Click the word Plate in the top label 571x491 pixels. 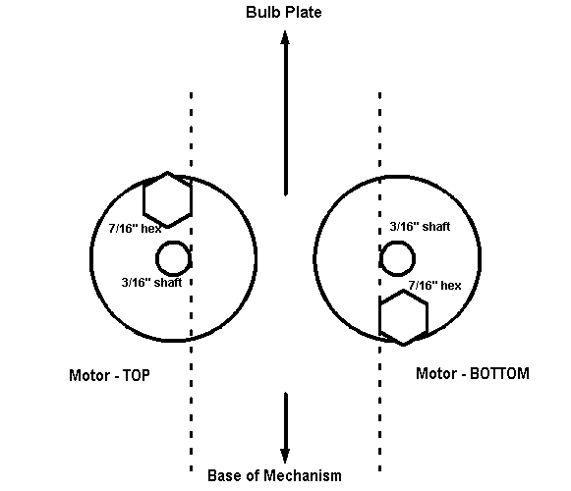pyautogui.click(x=304, y=12)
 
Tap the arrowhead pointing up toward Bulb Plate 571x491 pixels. pyautogui.click(x=285, y=38)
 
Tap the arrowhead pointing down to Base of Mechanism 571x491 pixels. pyautogui.click(x=285, y=456)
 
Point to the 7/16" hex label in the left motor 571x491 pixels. pyautogui.click(x=135, y=229)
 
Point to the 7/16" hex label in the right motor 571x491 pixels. pyautogui.click(x=434, y=286)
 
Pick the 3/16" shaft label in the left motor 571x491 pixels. pyautogui.click(x=151, y=283)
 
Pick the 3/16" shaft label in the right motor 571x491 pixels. pyautogui.click(x=420, y=227)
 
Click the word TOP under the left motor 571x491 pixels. pyautogui.click(x=137, y=375)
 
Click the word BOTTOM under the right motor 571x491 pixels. pyautogui.click(x=499, y=374)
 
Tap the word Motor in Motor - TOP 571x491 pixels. pyautogui.click(x=89, y=375)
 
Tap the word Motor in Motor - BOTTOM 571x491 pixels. pyautogui.click(x=436, y=374)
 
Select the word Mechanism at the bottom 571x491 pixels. pyautogui.click(x=303, y=475)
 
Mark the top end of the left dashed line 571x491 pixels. pyautogui.click(x=192, y=93)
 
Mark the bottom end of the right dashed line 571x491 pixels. pyautogui.click(x=379, y=470)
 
